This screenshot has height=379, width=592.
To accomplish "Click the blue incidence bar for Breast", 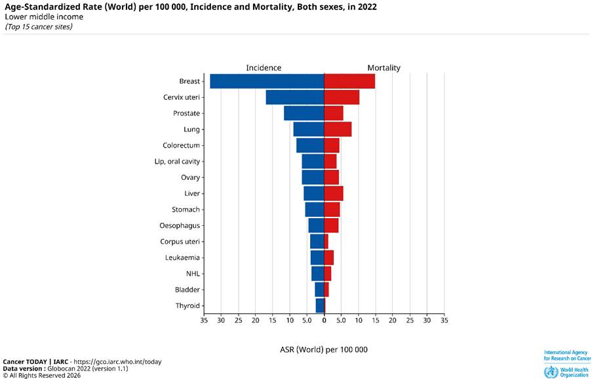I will [x=267, y=81].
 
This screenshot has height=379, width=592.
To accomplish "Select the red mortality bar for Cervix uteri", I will [x=342, y=97].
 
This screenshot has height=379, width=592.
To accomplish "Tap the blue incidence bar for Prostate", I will [x=304, y=113].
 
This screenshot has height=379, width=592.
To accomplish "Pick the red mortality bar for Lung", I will [x=338, y=129].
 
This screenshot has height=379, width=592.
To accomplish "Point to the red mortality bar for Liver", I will [x=334, y=193].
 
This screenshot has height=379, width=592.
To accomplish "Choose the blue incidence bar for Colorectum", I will [x=310, y=145].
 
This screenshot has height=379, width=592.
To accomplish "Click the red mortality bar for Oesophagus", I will [x=331, y=225].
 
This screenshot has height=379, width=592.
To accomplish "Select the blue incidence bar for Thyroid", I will [x=320, y=305].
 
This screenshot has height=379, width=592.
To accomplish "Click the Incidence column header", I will [x=264, y=68].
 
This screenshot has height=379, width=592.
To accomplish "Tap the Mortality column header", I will [x=384, y=68].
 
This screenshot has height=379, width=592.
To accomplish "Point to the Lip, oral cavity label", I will [x=177, y=162].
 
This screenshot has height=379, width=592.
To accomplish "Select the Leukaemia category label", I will [x=182, y=257].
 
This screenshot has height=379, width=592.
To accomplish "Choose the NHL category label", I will [x=193, y=273].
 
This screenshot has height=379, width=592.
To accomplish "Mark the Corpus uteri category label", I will [x=180, y=242].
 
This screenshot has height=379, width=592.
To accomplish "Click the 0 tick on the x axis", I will [x=324, y=321].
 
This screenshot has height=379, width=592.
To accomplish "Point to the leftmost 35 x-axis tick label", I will [x=204, y=321].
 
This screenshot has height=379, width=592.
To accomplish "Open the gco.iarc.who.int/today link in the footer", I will [x=118, y=362].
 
